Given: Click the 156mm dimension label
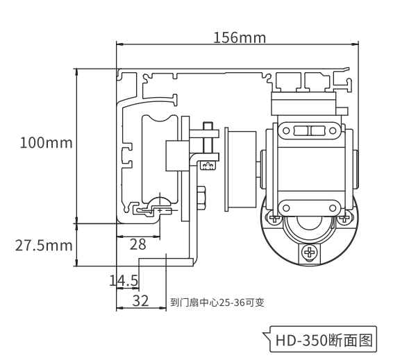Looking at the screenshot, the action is [x=240, y=37].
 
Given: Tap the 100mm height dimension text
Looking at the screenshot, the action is [x=46, y=143].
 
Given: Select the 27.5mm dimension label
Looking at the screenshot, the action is [x=44, y=246].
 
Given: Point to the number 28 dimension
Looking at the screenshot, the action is [x=138, y=245].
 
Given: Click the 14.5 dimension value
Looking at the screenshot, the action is [x=124, y=280].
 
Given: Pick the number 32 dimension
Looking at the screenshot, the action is [x=140, y=301].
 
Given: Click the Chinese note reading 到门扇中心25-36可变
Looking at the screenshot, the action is [x=217, y=302].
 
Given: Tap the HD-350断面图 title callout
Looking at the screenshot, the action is [x=324, y=340].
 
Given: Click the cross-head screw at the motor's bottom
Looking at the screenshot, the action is [x=310, y=252].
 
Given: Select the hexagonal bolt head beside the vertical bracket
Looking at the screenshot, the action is [x=201, y=198].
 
